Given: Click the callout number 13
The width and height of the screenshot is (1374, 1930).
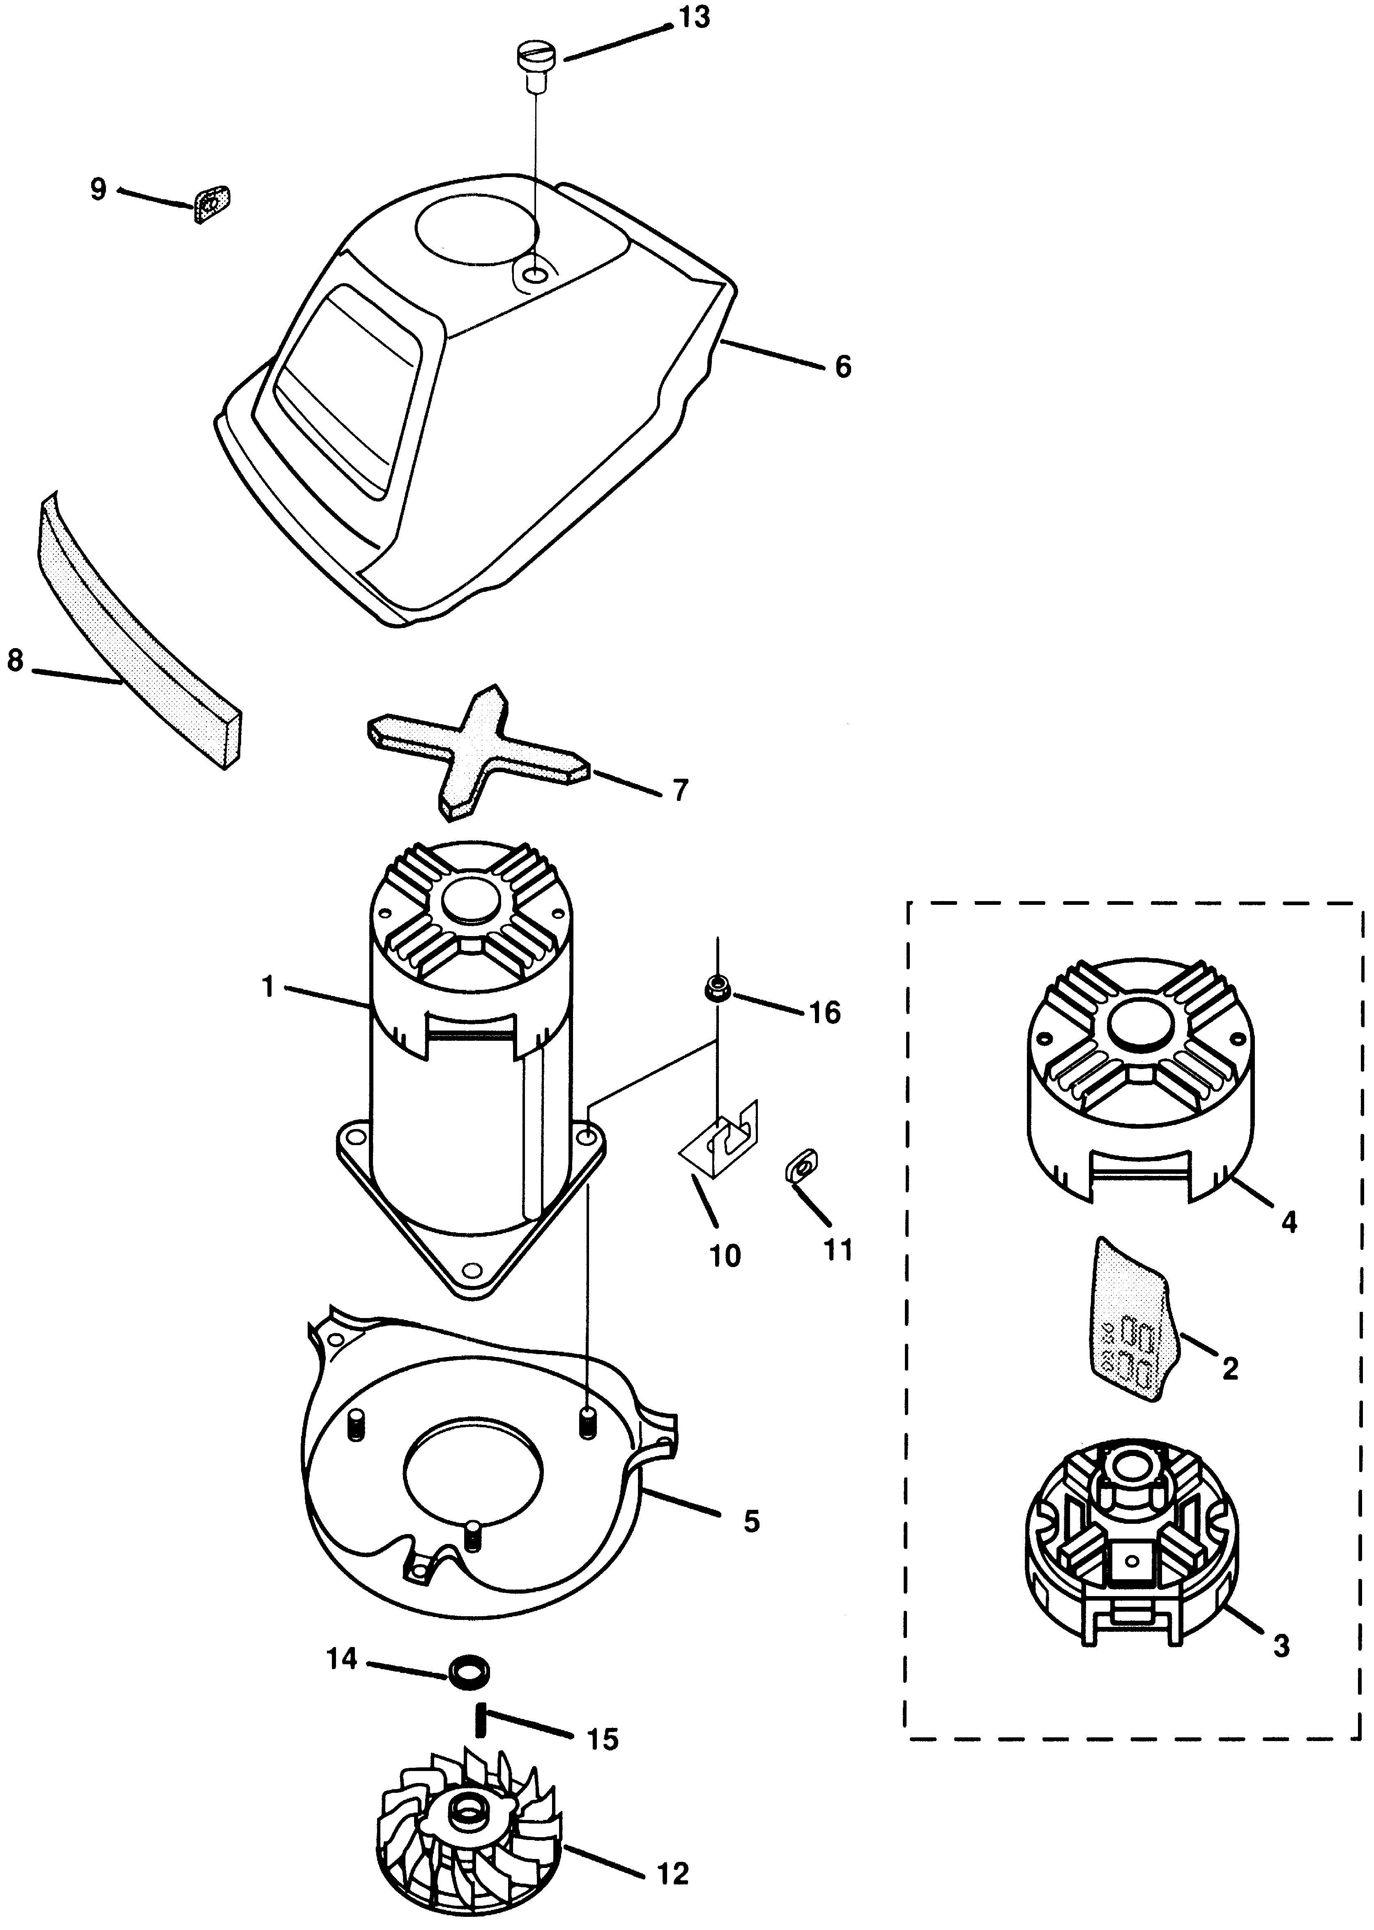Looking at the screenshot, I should click(695, 18).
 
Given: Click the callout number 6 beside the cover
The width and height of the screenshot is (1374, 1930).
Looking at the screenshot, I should click(842, 367).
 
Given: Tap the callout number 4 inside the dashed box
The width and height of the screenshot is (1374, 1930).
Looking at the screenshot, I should click(1289, 1221).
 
